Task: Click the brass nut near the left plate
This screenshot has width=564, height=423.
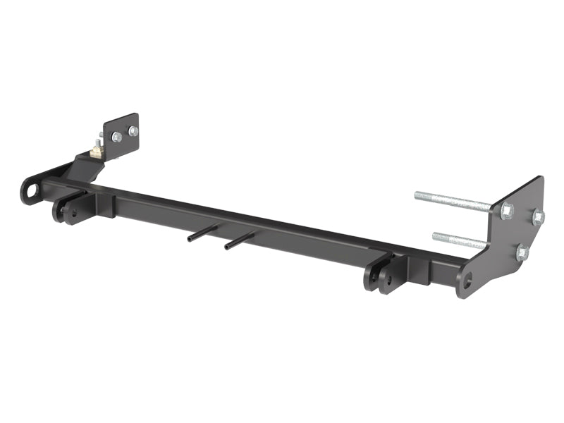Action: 95,150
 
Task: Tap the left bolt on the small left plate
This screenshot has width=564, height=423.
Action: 117,137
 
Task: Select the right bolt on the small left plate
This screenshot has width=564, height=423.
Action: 133,130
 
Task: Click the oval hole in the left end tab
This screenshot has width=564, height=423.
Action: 30,190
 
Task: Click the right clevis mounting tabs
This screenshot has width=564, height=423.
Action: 381,275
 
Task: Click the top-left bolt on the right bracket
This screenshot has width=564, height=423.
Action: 506,210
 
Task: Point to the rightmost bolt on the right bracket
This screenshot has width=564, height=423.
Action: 538,217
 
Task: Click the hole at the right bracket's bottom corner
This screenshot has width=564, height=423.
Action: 465,283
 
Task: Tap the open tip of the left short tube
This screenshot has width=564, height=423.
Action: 190,240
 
